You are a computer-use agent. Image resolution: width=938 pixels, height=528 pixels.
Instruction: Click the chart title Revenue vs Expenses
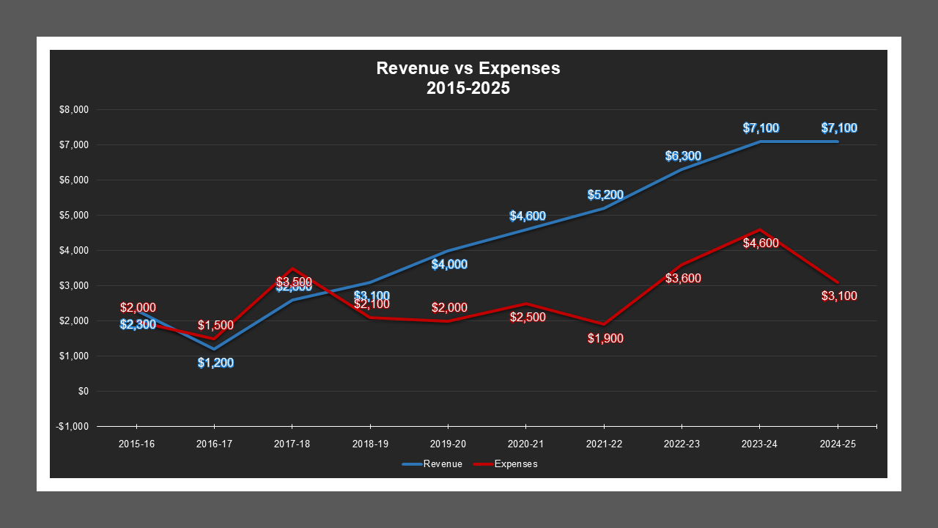[x=468, y=68]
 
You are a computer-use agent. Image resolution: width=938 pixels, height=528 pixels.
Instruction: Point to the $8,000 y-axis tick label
[x=73, y=110]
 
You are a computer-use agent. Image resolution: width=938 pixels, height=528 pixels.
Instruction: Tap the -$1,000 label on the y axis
[x=72, y=427]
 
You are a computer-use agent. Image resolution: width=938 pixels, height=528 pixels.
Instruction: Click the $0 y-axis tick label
[x=82, y=392]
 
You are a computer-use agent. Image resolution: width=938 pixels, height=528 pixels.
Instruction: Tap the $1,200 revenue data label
[x=215, y=362]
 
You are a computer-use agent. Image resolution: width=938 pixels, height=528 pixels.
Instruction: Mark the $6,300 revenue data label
[x=683, y=156]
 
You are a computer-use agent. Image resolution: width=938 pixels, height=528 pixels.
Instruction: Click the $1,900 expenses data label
[x=605, y=339]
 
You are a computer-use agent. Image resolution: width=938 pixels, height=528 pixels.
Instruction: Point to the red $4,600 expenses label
[x=761, y=243]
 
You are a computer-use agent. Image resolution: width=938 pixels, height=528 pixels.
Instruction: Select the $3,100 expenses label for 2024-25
[x=839, y=296]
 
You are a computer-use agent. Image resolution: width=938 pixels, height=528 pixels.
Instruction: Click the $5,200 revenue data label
[x=605, y=195]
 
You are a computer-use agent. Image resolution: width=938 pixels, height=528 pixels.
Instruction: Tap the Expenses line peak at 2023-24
[x=760, y=230]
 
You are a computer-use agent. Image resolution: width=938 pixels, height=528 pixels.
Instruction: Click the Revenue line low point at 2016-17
[x=214, y=349]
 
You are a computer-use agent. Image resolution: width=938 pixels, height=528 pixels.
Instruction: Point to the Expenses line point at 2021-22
[x=604, y=324]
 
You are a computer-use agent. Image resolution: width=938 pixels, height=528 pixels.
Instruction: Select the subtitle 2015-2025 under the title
[x=468, y=88]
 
